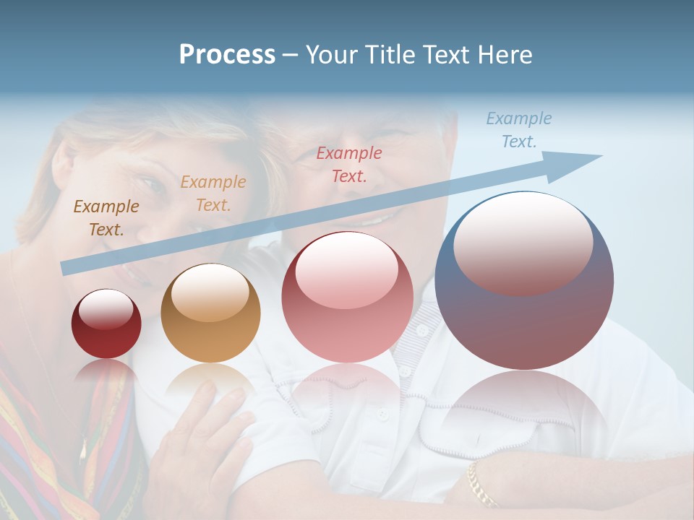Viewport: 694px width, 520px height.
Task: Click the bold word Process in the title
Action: click(227, 55)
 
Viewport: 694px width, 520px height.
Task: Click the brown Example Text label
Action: click(106, 217)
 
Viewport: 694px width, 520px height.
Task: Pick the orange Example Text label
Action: click(213, 193)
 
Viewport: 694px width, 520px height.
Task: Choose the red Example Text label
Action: click(349, 164)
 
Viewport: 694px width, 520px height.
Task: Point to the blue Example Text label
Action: click(518, 129)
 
